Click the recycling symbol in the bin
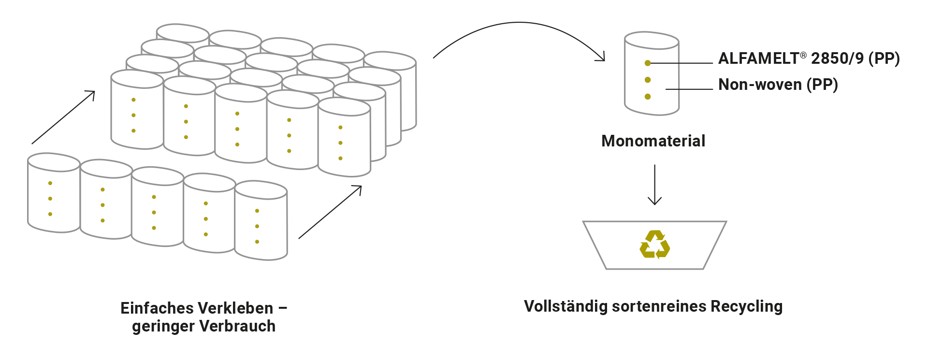[654, 245]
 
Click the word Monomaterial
[653, 141]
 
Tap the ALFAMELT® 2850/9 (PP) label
[808, 58]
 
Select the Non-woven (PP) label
[778, 85]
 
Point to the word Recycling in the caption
[748, 306]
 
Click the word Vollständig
[565, 306]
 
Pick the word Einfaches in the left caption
[148, 308]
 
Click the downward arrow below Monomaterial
[654, 186]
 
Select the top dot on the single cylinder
[648, 63]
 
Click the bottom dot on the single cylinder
[648, 97]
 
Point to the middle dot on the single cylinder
[648, 80]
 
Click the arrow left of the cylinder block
[63, 117]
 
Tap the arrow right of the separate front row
[330, 212]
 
